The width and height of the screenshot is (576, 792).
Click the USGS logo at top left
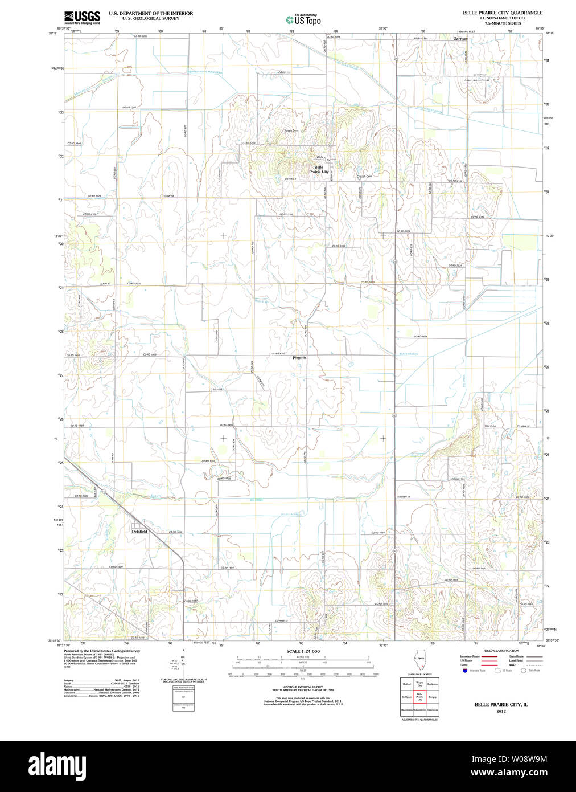tap(82, 17)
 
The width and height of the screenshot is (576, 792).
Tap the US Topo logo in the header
tap(303, 20)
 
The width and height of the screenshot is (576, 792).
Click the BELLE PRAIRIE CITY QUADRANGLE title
tap(502, 13)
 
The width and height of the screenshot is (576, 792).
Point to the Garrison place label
tap(460, 39)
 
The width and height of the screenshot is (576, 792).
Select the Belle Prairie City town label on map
tap(318, 169)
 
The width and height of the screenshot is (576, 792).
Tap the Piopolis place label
tap(299, 358)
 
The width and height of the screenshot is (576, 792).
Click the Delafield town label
tap(139, 532)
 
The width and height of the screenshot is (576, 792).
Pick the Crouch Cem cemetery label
tap(364, 177)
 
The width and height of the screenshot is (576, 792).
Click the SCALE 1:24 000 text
tap(303, 651)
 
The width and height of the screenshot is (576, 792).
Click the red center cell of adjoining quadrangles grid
tap(419, 697)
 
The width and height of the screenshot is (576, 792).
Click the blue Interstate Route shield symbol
tap(464, 671)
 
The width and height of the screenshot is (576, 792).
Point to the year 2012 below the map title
tap(501, 711)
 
